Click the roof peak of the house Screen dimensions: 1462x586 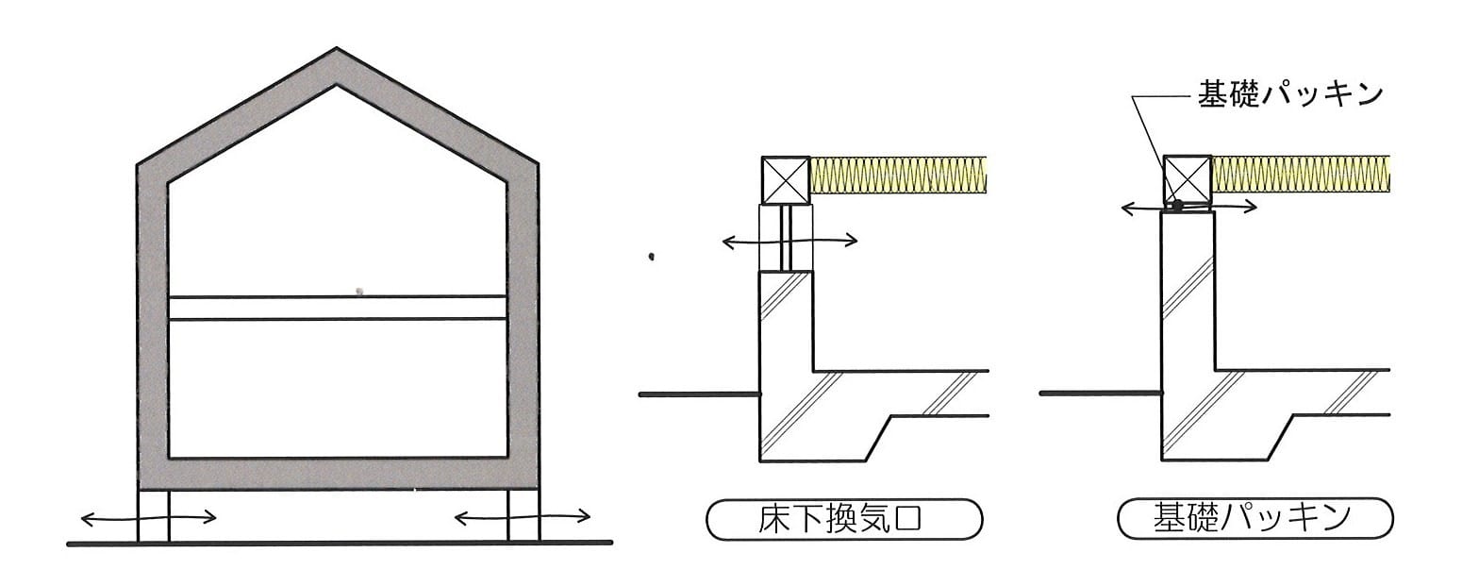[336, 48]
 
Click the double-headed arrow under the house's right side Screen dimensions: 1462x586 [523, 518]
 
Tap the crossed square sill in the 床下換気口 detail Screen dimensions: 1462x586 [786, 180]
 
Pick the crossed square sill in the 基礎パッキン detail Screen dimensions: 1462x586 [1188, 178]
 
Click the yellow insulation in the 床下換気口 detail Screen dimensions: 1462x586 [898, 175]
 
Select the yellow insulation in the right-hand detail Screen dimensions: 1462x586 [1301, 174]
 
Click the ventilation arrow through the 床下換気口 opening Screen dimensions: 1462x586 [789, 241]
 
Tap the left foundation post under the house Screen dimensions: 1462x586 [154, 515]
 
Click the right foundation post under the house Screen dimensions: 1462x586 [524, 515]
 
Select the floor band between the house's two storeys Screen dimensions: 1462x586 [338, 308]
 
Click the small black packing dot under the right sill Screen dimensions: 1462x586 [1177, 206]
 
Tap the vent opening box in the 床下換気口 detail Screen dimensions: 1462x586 [786, 238]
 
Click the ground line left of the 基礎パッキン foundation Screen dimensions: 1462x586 [1101, 393]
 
